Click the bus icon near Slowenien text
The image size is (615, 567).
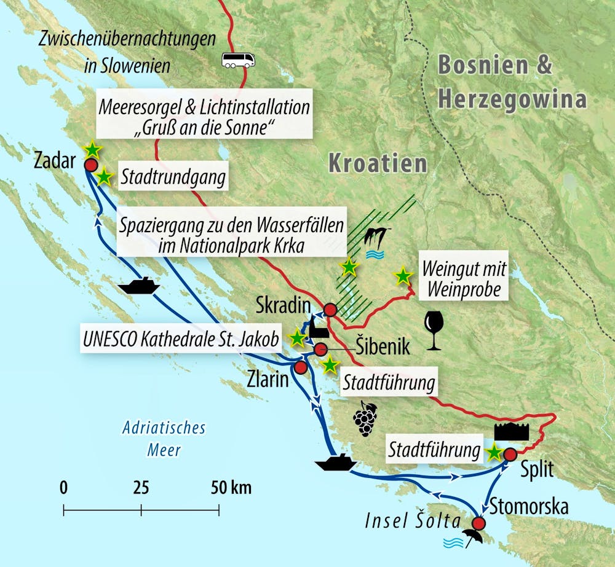coord(238,60)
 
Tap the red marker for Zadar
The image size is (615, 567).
coord(91,165)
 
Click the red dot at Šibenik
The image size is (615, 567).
coord(320,350)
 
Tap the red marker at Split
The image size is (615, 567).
coord(510,455)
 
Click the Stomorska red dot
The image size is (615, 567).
coord(478,523)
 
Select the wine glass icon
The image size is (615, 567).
coord(433,330)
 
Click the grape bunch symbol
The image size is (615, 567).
coord(365,418)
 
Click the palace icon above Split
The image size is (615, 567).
coord(511,432)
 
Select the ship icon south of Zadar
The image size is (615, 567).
coord(139,286)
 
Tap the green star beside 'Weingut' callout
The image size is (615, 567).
coord(403,276)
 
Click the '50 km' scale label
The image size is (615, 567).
coord(231,488)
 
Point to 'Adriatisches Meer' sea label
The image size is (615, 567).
coord(164,439)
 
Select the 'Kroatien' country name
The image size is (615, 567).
coord(377,163)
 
